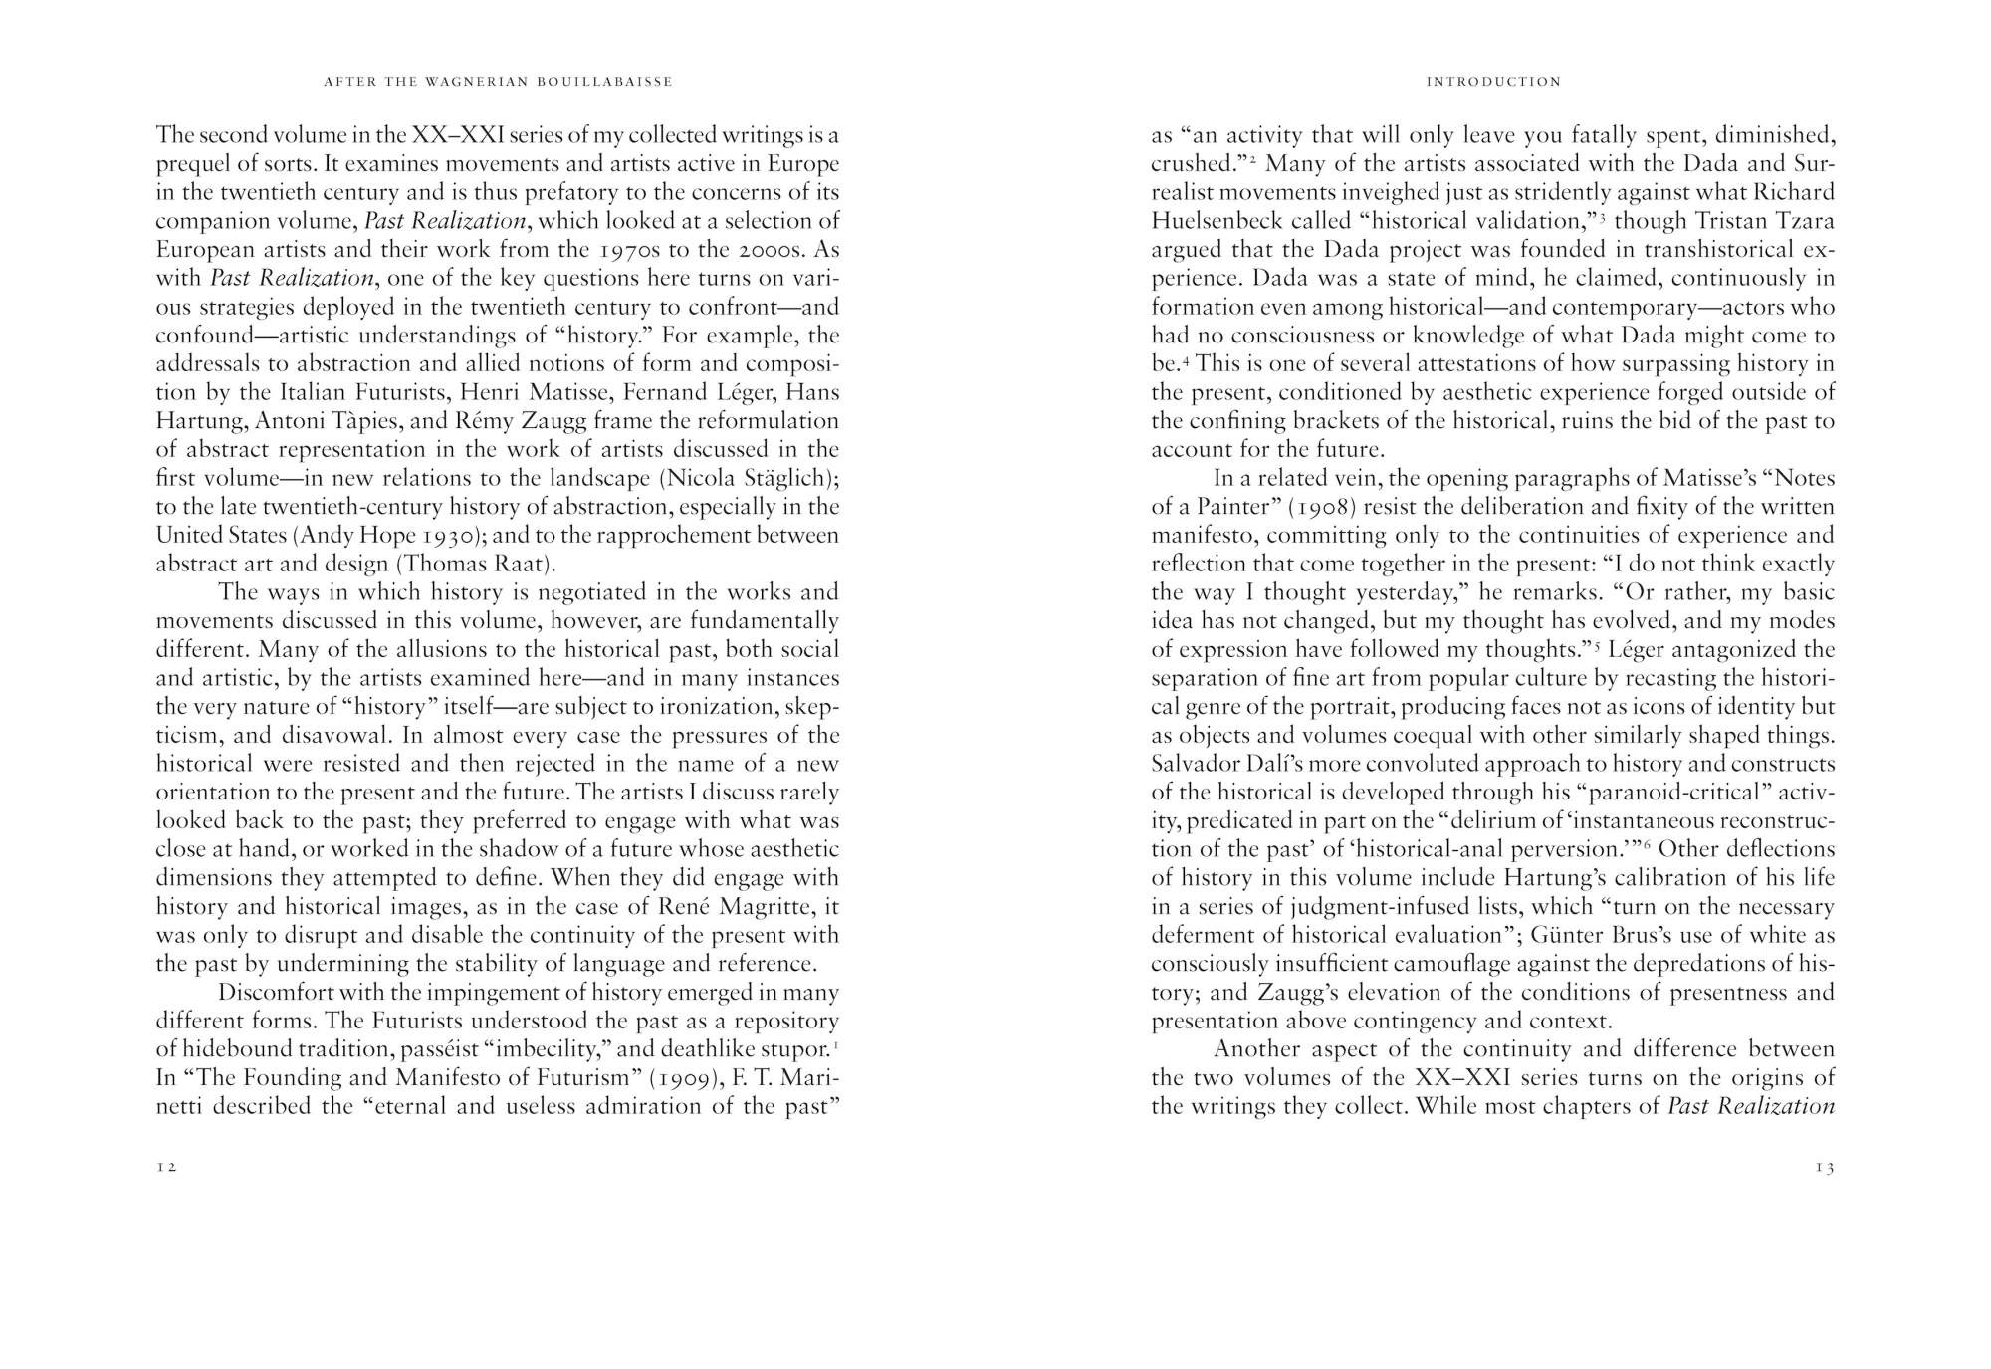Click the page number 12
[166, 1167]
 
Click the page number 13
[1824, 1167]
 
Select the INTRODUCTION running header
[1493, 82]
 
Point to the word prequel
[192, 164]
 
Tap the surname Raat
[519, 564]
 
